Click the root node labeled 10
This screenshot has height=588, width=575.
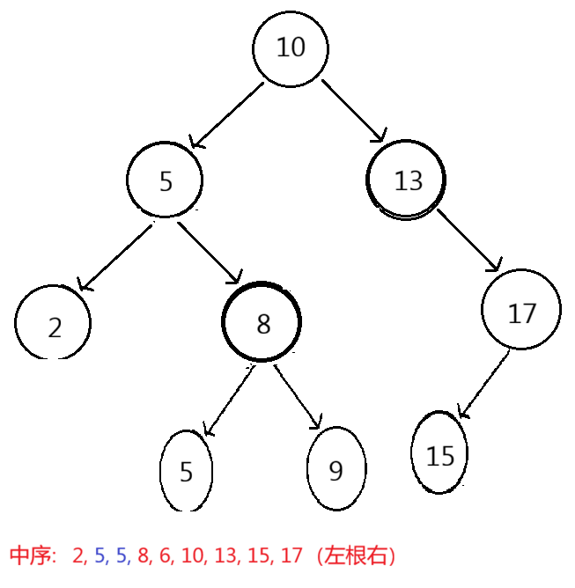[291, 48]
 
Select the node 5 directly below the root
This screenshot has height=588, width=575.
[165, 180]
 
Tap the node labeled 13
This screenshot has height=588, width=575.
[407, 180]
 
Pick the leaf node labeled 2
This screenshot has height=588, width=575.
[54, 325]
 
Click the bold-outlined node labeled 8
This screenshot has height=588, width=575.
[262, 322]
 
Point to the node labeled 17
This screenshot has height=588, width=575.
[521, 312]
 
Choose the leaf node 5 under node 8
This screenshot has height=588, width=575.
[186, 471]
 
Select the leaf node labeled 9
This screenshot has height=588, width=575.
[335, 470]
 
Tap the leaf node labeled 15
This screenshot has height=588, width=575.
[439, 454]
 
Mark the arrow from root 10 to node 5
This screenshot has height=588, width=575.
[226, 115]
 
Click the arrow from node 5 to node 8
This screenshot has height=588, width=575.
[209, 253]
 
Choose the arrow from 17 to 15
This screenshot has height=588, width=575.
[483, 384]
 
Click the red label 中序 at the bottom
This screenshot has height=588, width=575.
[33, 555]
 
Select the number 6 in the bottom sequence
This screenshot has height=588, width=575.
[164, 555]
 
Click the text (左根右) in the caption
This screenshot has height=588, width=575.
[357, 555]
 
